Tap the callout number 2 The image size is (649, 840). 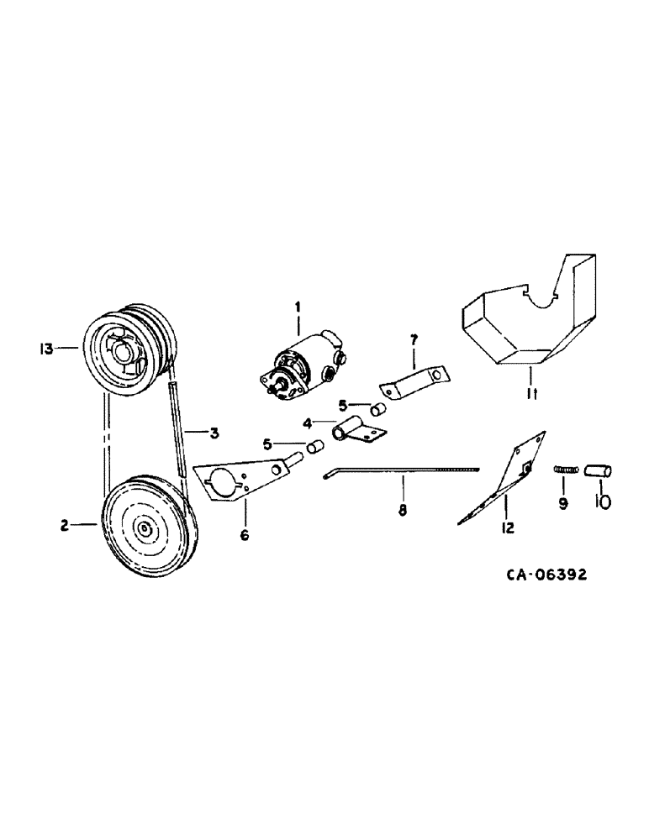tap(64, 526)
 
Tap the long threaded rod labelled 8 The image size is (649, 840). tap(404, 471)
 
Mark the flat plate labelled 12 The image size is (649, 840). tap(503, 480)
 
